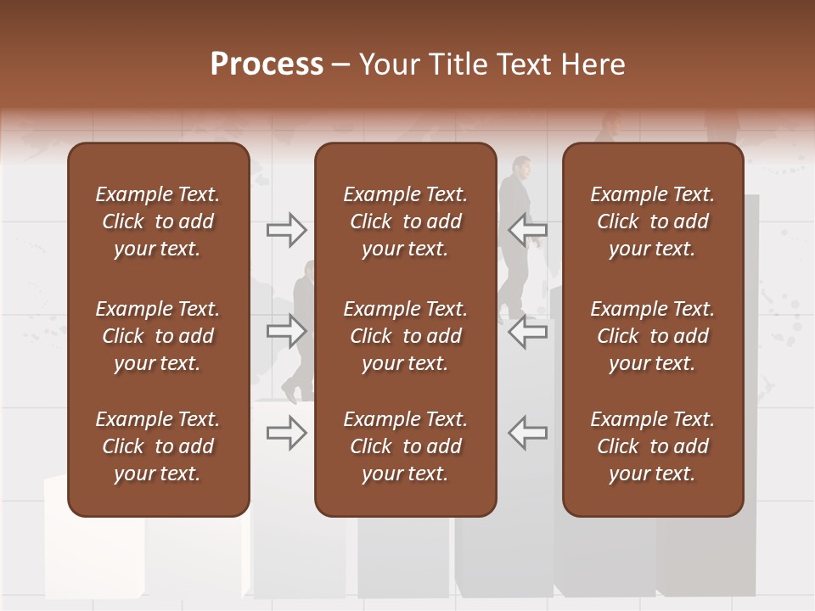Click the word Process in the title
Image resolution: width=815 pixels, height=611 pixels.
tap(267, 64)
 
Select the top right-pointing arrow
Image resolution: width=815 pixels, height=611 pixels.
tap(286, 229)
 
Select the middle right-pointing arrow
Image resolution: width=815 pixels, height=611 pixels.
tap(286, 330)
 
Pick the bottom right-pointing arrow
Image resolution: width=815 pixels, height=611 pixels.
tap(286, 432)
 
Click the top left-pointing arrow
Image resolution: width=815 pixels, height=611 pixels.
tap(528, 229)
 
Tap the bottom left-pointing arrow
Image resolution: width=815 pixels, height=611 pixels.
tap(528, 432)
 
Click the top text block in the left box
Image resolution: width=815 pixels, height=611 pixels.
tap(158, 221)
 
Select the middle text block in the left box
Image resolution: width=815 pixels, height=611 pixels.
tap(158, 336)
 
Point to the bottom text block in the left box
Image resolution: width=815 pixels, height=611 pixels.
tap(158, 446)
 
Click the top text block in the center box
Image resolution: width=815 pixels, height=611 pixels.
tap(405, 221)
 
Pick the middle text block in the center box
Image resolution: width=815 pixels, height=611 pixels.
tap(405, 336)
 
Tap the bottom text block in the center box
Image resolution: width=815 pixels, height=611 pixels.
tap(405, 446)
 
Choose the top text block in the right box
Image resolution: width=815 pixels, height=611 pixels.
tap(653, 221)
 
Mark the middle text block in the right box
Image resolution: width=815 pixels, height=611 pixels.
tap(653, 336)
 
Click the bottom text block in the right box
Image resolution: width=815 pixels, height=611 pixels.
tap(653, 446)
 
